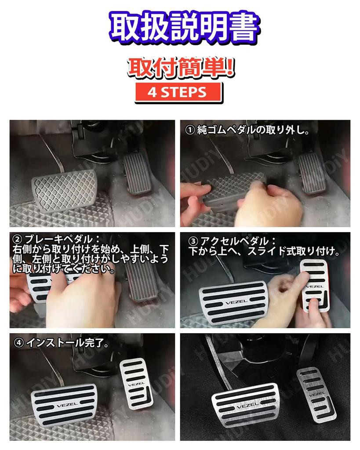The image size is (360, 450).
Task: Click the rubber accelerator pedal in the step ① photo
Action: point(313,173)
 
